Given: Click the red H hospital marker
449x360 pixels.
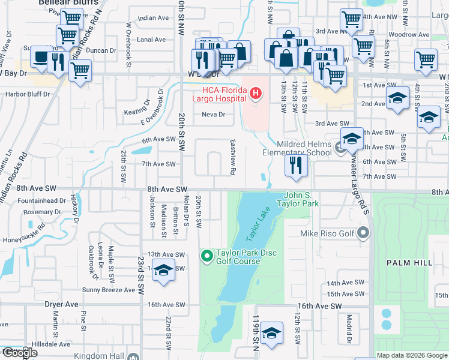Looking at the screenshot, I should [x=256, y=93].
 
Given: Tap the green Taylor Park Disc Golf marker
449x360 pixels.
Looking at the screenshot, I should [x=207, y=257].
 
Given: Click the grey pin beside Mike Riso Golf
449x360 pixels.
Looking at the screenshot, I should [x=363, y=232].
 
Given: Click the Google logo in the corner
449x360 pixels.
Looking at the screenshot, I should [x=19, y=353].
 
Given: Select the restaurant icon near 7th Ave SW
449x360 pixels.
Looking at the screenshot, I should [x=295, y=165].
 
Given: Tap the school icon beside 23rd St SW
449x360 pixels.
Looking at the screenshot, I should [x=163, y=270].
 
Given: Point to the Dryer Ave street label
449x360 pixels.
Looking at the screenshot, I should [x=62, y=304].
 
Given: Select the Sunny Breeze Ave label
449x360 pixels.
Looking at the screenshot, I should [x=109, y=290].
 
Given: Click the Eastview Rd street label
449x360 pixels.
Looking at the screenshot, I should [x=232, y=158].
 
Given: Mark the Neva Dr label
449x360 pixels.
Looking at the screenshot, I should [x=213, y=114].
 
